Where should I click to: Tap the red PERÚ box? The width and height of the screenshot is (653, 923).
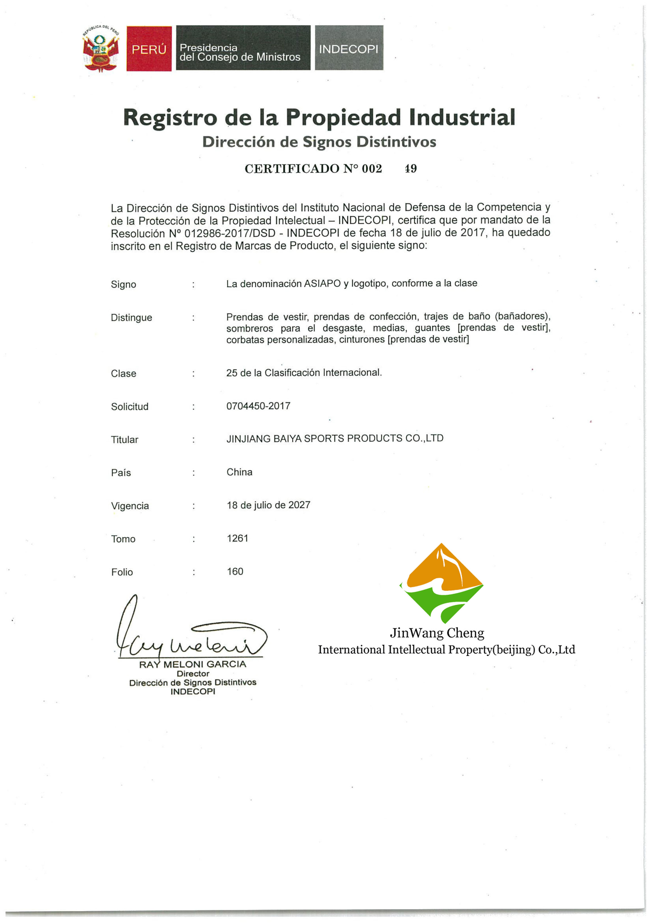[149, 49]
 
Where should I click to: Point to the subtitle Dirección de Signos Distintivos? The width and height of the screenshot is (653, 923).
[319, 142]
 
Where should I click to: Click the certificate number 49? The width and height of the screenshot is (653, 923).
[410, 168]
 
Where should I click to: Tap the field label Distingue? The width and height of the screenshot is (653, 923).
[131, 318]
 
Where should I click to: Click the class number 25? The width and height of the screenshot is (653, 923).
[232, 373]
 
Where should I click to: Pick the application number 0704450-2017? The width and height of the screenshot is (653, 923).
[258, 406]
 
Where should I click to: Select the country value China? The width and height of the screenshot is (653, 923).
[239, 472]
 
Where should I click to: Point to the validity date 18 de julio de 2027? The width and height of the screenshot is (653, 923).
[268, 505]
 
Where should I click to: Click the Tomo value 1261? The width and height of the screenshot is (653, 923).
[237, 538]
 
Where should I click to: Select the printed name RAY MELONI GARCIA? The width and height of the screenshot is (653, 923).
[192, 664]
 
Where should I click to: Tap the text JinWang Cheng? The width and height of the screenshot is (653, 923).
[437, 633]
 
